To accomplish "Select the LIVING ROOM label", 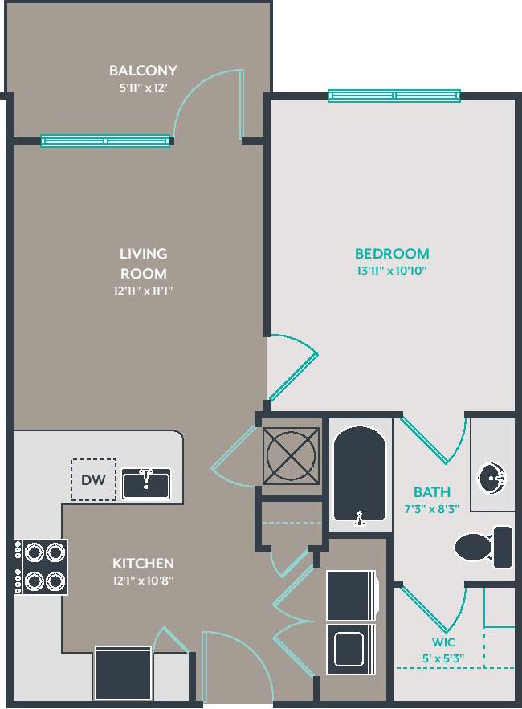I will (x=144, y=263).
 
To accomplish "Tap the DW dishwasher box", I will (x=93, y=479).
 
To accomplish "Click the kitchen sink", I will (x=145, y=483).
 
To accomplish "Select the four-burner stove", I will (x=42, y=566).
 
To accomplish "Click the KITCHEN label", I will (x=143, y=563).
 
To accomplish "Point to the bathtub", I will (x=360, y=475).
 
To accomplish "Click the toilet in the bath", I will (x=483, y=547).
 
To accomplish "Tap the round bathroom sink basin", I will (x=491, y=480).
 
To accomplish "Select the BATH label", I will (x=432, y=491).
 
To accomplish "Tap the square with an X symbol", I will (x=289, y=454).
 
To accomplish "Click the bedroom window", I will (x=394, y=96).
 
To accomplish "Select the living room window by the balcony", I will (x=105, y=141).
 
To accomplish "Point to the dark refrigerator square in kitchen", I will (x=123, y=673).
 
